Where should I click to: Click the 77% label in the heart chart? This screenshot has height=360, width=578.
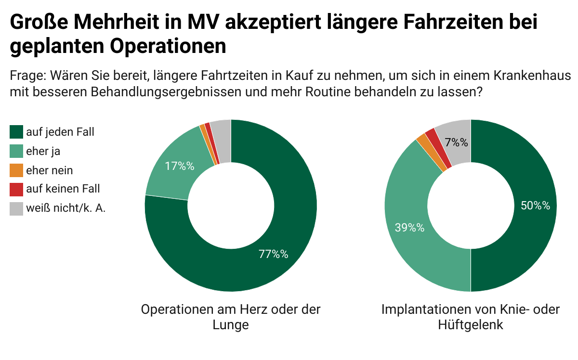point(273,254)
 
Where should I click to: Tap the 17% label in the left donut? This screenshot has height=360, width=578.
point(179,166)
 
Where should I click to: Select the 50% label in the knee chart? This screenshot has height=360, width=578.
point(535,206)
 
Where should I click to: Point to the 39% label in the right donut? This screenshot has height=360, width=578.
point(409,228)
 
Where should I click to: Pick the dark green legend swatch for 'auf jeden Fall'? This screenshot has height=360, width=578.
point(16,132)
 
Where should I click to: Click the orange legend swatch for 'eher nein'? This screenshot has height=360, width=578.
point(16,170)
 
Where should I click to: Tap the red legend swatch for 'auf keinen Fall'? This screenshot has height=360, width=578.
point(16,190)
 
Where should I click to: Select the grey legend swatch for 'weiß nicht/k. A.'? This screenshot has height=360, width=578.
point(16,209)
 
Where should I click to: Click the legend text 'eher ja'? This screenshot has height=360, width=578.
point(43,151)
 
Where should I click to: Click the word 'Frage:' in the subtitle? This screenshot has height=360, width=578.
point(26,76)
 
